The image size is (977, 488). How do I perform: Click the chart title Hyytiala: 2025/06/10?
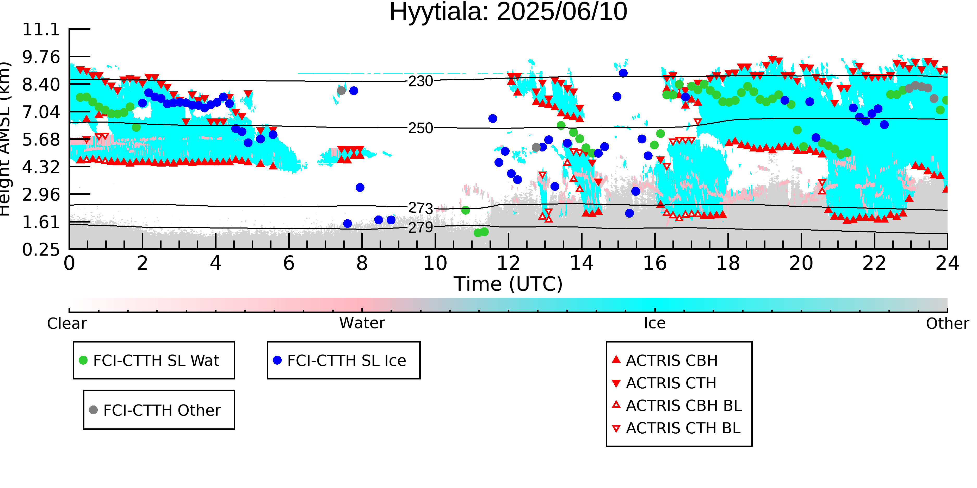click(508, 12)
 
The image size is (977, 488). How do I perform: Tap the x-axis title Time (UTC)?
click(508, 284)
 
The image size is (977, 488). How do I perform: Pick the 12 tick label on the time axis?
click(508, 263)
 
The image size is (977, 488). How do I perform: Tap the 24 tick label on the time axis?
click(947, 263)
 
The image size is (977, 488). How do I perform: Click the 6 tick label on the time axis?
click(289, 263)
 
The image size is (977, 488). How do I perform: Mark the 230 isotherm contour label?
click(421, 81)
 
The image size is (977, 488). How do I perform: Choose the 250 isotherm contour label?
click(421, 128)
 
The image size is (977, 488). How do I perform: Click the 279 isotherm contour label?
click(421, 227)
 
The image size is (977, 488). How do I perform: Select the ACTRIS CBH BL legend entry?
click(677, 406)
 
